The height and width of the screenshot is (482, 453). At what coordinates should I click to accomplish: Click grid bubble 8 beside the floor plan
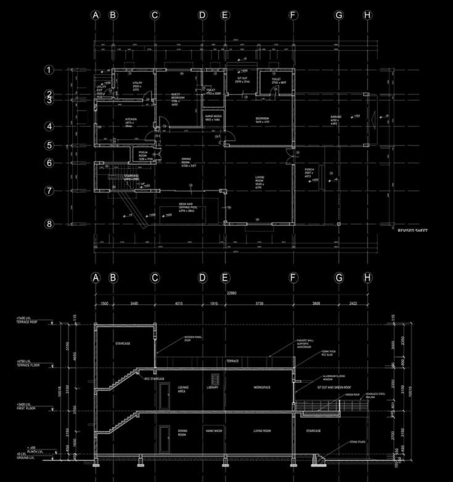(x=49, y=224)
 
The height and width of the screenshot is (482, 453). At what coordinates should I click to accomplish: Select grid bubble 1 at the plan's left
(x=49, y=70)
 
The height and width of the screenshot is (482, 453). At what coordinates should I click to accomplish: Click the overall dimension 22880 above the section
(x=231, y=293)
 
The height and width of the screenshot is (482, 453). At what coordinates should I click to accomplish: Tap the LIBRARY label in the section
(x=213, y=387)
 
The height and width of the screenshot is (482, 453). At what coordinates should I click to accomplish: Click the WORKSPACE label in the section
(x=262, y=387)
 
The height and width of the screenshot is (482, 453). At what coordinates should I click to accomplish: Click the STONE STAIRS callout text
(x=358, y=442)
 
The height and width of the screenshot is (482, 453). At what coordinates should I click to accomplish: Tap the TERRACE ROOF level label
(x=28, y=320)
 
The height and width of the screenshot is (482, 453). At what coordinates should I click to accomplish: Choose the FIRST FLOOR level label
(x=27, y=407)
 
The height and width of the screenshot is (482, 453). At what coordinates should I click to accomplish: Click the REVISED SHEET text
(x=412, y=231)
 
